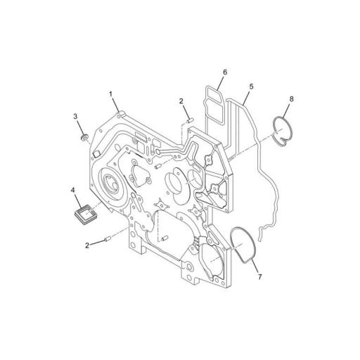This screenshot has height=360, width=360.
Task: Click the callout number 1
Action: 111,94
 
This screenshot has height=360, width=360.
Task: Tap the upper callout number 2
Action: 181,101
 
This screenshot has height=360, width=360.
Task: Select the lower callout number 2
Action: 86,245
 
